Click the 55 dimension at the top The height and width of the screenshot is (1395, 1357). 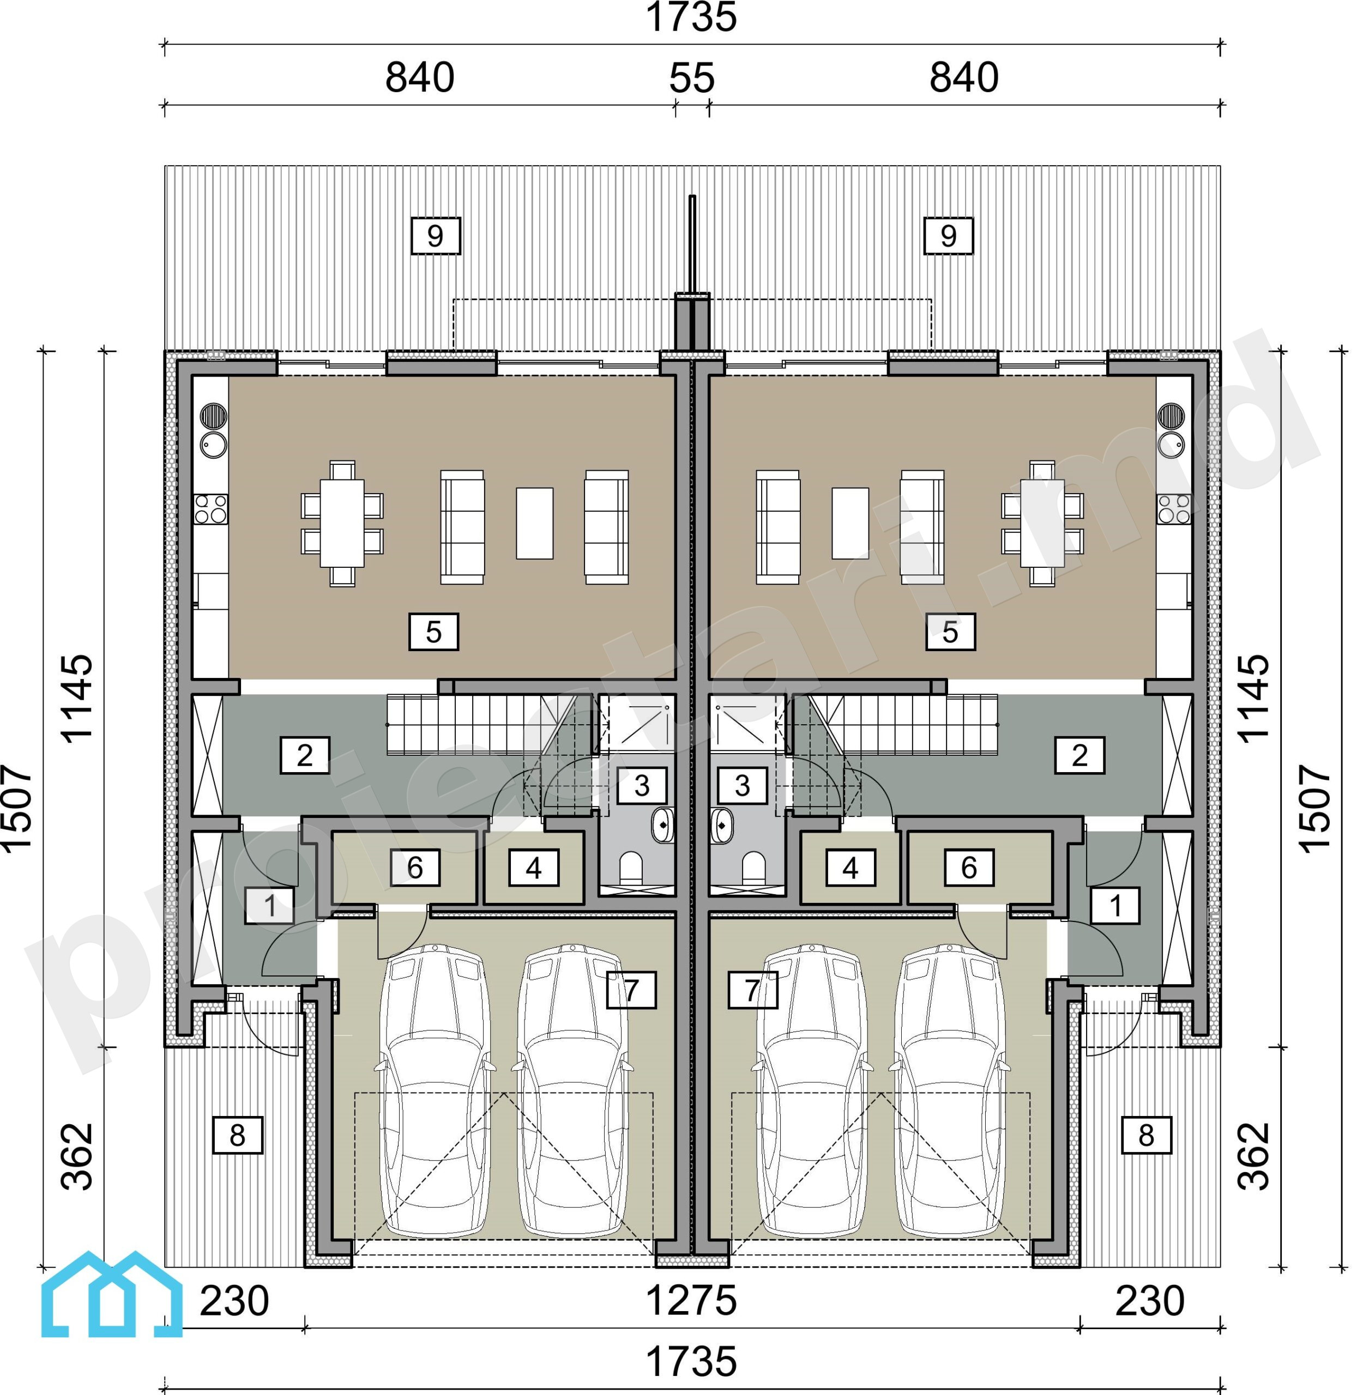[691, 78]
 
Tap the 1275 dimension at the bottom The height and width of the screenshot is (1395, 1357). [691, 1300]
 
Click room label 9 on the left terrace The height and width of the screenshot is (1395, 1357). [436, 236]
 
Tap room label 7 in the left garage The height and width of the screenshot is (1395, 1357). [631, 990]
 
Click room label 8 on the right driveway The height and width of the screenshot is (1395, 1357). [1146, 1135]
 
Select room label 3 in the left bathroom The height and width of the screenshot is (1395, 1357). [642, 785]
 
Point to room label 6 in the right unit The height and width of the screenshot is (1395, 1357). [969, 868]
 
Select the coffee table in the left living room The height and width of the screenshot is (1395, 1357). [534, 523]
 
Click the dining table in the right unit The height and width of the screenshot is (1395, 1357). [1042, 523]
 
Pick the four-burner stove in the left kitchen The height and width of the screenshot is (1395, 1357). [212, 510]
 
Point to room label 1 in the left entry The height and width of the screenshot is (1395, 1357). [269, 906]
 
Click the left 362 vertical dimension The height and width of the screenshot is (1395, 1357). [77, 1156]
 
